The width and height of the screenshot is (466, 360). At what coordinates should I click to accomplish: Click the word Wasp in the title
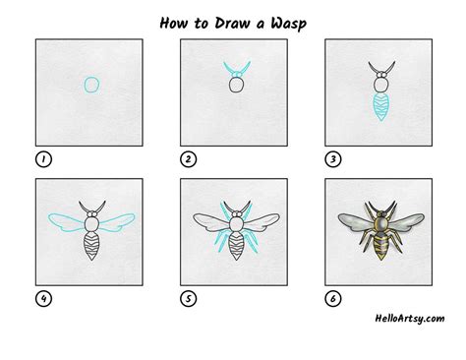[x=288, y=24]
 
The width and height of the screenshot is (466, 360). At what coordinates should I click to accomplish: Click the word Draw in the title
[x=232, y=23]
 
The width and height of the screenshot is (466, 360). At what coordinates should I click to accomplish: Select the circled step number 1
[x=43, y=159]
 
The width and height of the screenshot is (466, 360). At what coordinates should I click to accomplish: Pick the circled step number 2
[x=188, y=159]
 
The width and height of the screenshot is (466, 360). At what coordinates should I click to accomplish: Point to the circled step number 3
[x=333, y=159]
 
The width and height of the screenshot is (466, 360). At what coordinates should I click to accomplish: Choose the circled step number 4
[x=43, y=299]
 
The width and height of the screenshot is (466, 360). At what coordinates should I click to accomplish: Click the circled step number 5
[x=188, y=299]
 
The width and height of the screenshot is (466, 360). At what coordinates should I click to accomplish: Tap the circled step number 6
[x=333, y=299]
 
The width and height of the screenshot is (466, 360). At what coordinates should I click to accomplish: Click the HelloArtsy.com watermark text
[x=410, y=319]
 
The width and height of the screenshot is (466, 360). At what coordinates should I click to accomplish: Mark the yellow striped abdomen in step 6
[x=381, y=246]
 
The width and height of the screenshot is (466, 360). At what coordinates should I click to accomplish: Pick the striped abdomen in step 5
[x=236, y=246]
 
